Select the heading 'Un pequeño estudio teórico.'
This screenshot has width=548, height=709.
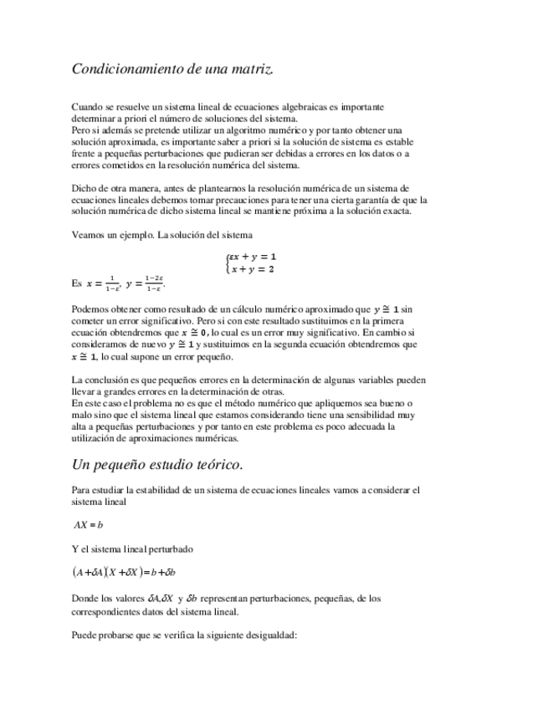[158, 464]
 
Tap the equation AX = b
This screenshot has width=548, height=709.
[88, 525]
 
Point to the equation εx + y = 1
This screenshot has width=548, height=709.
[254, 257]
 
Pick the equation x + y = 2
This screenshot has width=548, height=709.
[254, 269]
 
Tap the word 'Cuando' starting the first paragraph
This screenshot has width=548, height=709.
[87, 108]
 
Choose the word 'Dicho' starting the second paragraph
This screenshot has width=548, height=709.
[85, 189]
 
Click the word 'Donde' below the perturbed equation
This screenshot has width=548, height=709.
[86, 598]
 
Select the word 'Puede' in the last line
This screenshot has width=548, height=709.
[85, 636]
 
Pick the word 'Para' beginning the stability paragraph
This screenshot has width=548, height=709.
[82, 490]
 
